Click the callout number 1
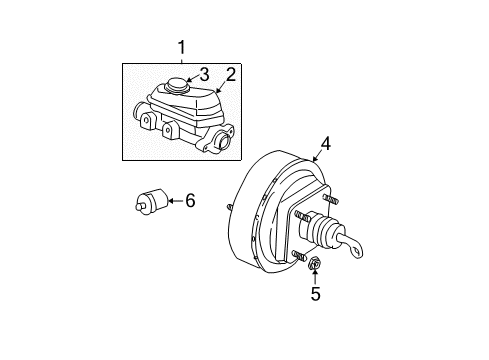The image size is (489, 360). [181, 46]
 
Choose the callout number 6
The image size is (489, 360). [190, 202]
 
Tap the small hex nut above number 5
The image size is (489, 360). [313, 265]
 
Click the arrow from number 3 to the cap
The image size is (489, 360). [191, 76]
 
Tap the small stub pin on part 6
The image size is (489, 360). [139, 207]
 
